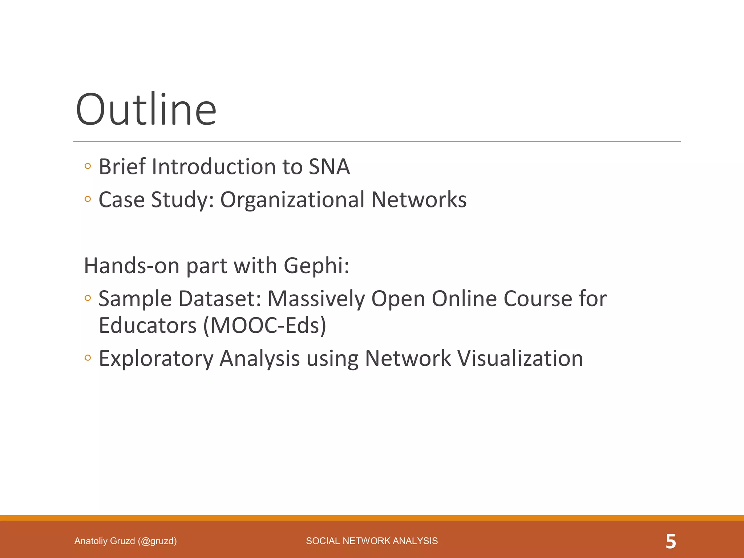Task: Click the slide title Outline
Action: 146,109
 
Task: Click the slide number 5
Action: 671,541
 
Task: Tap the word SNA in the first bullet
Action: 329,167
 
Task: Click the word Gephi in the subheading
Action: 316,266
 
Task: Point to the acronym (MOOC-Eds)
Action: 265,325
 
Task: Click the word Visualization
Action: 520,358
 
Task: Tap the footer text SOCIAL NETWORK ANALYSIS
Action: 372,541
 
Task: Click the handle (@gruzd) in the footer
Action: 157,541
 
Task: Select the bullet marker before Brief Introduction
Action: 87,166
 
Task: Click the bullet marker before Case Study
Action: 87,199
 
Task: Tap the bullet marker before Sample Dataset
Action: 87,298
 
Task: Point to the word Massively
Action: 316,299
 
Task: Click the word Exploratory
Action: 156,359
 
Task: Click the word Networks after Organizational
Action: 418,200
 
